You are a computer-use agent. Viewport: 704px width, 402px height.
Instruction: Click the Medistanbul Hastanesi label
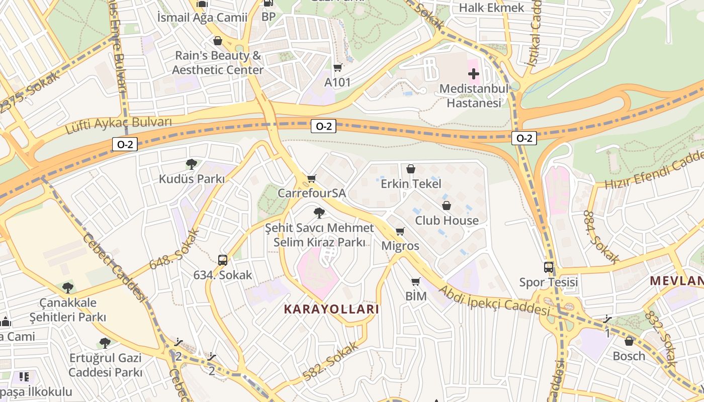point(474,96)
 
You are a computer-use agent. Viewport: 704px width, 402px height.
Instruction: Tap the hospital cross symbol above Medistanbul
point(474,74)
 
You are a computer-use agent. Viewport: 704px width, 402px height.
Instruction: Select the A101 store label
point(337,82)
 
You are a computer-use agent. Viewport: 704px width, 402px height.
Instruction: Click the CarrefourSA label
point(312,193)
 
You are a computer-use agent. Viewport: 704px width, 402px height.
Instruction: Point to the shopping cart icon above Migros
point(400,231)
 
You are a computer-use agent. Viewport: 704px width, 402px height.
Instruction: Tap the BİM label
point(416,296)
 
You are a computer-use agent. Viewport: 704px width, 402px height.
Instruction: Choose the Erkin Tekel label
point(411,184)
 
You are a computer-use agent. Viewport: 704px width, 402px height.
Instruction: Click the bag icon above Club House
point(447,206)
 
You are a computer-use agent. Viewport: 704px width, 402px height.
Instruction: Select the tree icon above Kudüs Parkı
point(191,164)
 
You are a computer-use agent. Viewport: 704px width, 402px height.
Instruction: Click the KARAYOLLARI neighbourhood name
point(331,309)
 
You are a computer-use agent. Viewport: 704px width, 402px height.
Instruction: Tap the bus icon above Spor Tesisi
point(549,267)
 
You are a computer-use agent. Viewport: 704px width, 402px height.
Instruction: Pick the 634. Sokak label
point(223,275)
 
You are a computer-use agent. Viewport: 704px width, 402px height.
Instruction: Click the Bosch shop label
point(629,356)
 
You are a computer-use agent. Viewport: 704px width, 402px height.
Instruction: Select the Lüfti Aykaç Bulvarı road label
point(119,126)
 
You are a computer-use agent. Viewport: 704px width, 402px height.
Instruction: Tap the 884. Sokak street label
point(601,237)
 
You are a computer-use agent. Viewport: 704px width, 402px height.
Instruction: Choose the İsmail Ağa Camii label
point(202,18)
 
